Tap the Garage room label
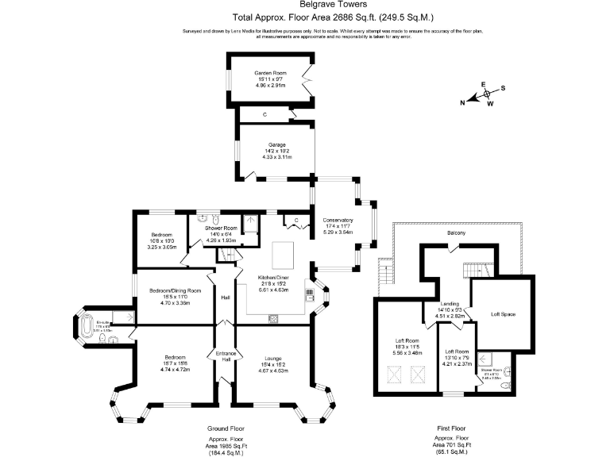pyautogui.click(x=276, y=145)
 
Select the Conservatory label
pyautogui.click(x=338, y=220)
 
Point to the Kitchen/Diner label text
pyautogui.click(x=275, y=278)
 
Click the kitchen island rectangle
pyautogui.click(x=284, y=255)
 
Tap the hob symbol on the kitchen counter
pyautogui.click(x=273, y=318)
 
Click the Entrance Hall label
pyautogui.click(x=226, y=356)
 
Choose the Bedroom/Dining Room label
pyautogui.click(x=175, y=290)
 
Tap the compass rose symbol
pyautogui.click(x=487, y=94)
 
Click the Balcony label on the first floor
pyautogui.click(x=455, y=232)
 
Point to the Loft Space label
pyautogui.click(x=502, y=315)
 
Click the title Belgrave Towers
pyautogui.click(x=305, y=5)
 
